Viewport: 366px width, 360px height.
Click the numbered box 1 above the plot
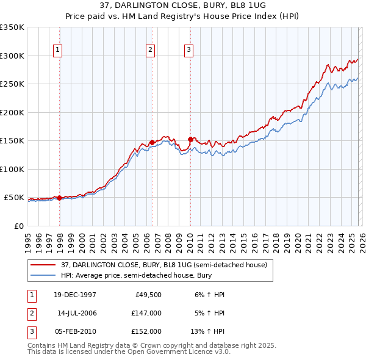pos(58,50)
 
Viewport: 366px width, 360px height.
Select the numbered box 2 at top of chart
pos(150,50)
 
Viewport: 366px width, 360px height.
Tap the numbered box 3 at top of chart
pos(188,50)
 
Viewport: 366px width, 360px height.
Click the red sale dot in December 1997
pos(59,198)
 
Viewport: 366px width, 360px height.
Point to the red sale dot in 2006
pos(152,142)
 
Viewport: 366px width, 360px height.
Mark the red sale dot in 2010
pos(190,139)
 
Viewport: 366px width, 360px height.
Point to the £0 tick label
pos(18,226)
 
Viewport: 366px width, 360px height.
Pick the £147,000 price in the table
pos(146,313)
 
